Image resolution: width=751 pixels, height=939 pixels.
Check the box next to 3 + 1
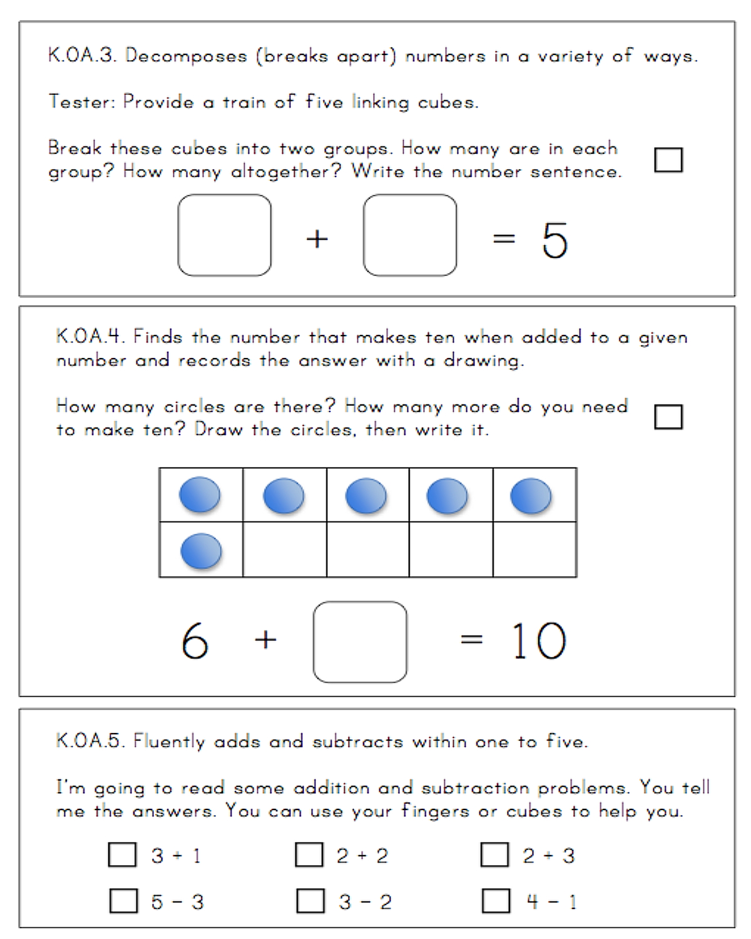(122, 854)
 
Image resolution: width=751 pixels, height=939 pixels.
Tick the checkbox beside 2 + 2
(309, 854)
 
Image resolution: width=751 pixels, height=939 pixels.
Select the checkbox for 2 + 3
(494, 854)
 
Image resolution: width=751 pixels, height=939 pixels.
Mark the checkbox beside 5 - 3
(123, 901)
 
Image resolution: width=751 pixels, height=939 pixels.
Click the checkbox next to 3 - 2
(310, 901)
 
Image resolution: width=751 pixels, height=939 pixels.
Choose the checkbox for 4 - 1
(496, 901)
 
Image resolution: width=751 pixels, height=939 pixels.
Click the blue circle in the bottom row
(201, 552)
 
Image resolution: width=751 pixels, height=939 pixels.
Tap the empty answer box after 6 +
(360, 642)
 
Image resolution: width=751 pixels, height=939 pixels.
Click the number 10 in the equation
(539, 642)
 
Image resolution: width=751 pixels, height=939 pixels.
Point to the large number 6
(195, 642)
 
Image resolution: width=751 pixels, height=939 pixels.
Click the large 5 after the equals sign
(554, 240)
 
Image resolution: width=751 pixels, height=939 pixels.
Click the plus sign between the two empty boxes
(317, 239)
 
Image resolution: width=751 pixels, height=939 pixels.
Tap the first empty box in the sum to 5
(225, 235)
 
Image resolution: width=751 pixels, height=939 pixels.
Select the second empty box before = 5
(410, 235)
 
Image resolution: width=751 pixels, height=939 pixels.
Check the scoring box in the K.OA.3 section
(668, 160)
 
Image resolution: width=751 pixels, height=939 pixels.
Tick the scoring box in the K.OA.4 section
(668, 416)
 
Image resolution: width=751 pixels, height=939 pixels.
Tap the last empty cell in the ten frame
(534, 549)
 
